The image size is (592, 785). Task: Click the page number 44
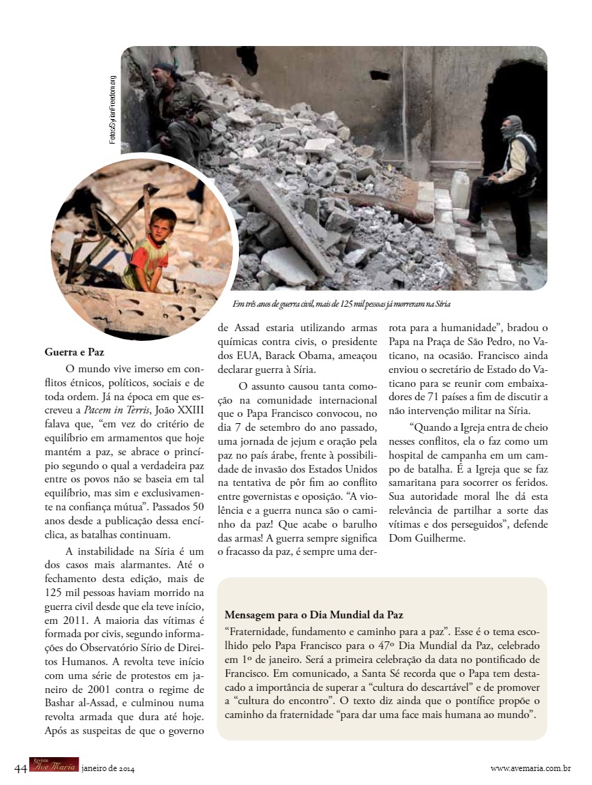coord(20,768)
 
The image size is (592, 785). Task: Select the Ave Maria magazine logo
coord(54,765)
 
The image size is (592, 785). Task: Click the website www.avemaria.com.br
coord(531,768)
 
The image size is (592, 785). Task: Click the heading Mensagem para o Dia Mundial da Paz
coord(313,615)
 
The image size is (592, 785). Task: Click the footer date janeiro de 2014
coord(108,768)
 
